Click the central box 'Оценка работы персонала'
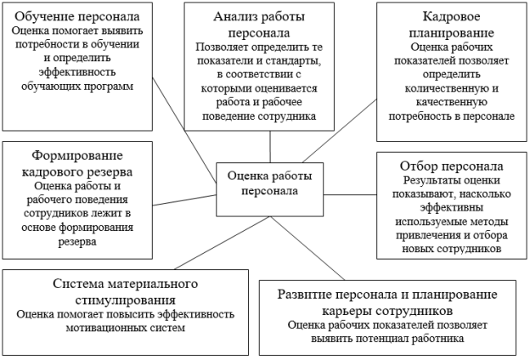(x=270, y=189)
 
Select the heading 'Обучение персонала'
(x=77, y=17)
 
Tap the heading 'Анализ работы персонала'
(x=259, y=25)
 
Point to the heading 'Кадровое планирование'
(x=451, y=25)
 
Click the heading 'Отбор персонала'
(x=451, y=166)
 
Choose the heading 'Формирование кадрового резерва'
(x=77, y=164)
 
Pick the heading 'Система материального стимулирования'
(x=125, y=292)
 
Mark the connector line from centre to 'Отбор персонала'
(x=350, y=194)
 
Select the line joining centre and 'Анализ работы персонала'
(x=270, y=147)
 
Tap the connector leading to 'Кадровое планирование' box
(x=340, y=131)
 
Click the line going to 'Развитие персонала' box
(x=307, y=248)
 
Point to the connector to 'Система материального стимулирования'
(x=222, y=243)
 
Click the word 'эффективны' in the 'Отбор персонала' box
(x=451, y=207)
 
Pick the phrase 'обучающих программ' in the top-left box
(x=77, y=87)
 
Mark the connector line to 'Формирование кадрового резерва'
(x=184, y=200)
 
